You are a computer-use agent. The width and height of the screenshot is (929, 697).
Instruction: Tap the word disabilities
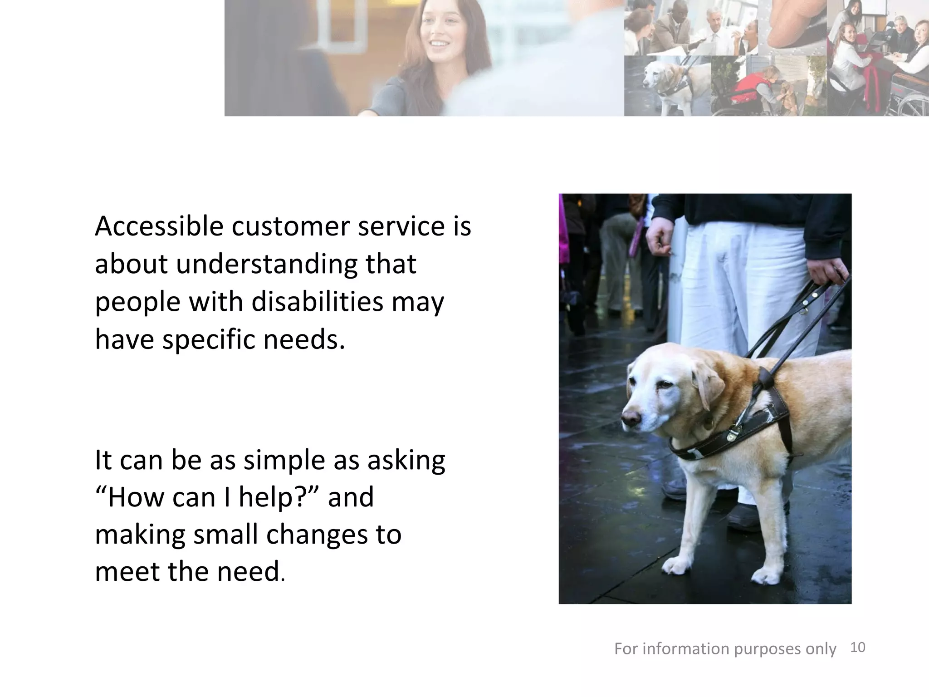pyautogui.click(x=317, y=302)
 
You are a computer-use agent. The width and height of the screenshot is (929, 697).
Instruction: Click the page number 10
pyautogui.click(x=858, y=647)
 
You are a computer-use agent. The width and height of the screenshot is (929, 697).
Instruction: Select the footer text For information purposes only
pyautogui.click(x=725, y=649)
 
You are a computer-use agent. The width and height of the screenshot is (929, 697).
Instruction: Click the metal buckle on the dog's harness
pyautogui.click(x=732, y=435)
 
